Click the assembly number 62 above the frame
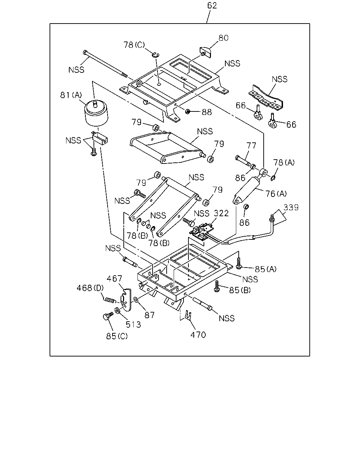(x=212, y=6)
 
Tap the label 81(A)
(x=71, y=95)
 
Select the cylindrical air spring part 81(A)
(x=96, y=113)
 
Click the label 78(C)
(x=134, y=45)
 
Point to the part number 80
(x=223, y=38)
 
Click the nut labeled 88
(x=188, y=111)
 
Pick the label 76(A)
(x=276, y=194)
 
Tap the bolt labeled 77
(x=243, y=161)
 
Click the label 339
(x=291, y=207)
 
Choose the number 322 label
(x=221, y=213)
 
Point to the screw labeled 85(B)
(x=217, y=286)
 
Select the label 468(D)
(x=90, y=288)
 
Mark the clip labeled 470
(x=188, y=315)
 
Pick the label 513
(x=133, y=324)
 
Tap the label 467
(x=114, y=278)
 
